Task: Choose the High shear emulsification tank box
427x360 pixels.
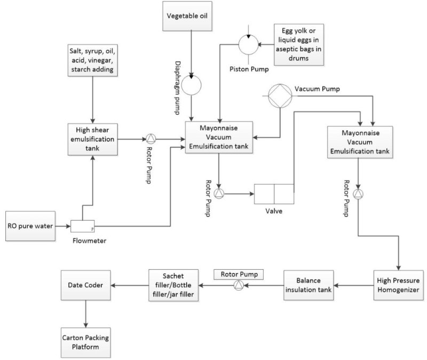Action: click(x=94, y=140)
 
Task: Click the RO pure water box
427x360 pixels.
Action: click(x=30, y=227)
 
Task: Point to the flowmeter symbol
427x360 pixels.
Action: click(x=83, y=227)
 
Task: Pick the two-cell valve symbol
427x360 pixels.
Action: click(x=274, y=194)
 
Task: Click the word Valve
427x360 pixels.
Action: click(x=274, y=211)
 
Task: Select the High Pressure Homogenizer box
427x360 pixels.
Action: click(x=399, y=285)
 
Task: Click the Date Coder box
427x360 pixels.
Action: click(x=86, y=285)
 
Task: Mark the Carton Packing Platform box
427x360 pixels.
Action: click(x=86, y=339)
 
